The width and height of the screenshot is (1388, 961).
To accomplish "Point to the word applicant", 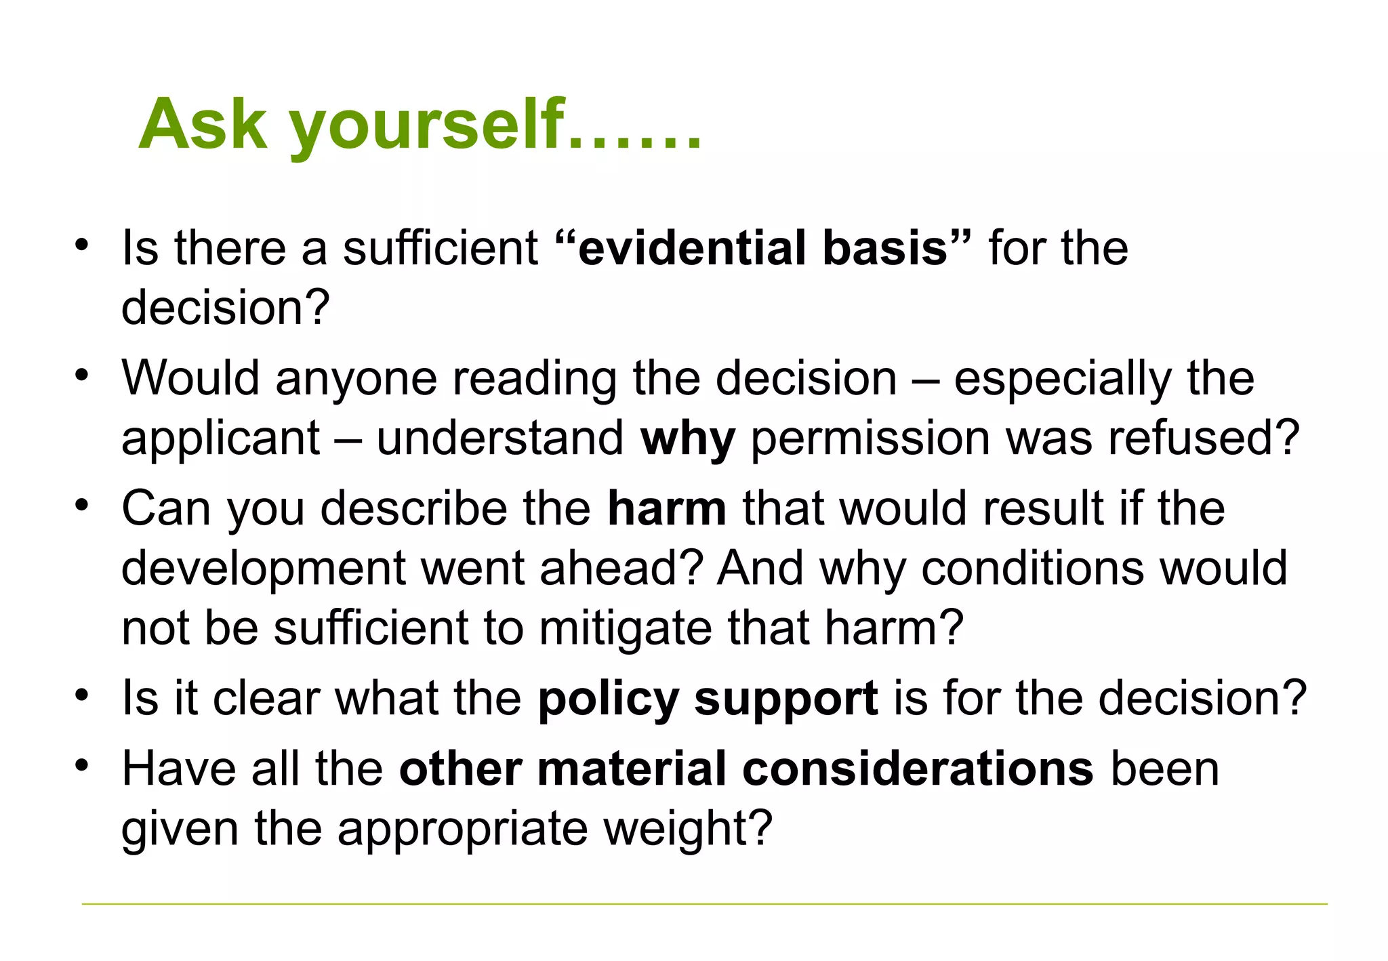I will [221, 438].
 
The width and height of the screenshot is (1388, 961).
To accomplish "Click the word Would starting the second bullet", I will [190, 377].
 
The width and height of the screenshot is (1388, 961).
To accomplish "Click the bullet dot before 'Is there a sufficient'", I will [82, 245].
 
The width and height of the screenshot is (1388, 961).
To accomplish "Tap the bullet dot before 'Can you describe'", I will [82, 505].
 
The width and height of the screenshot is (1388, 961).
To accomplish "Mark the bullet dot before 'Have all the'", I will [82, 765].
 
